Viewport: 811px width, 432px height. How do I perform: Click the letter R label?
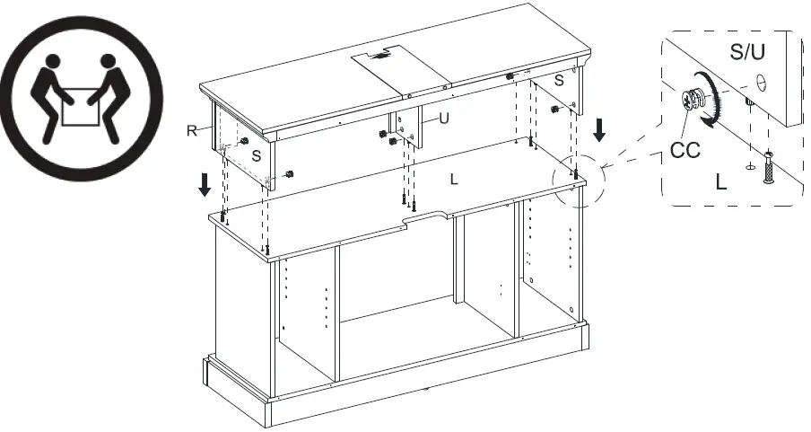[x=191, y=131]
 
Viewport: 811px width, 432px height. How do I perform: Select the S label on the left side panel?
[x=257, y=155]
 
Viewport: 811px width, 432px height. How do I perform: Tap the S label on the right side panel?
[x=558, y=81]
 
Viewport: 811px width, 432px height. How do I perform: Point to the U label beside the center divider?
[x=442, y=118]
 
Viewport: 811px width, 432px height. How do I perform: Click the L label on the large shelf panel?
[x=454, y=180]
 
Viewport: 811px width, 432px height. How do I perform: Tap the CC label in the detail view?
[x=685, y=149]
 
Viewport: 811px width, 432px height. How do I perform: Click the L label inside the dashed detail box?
[x=721, y=182]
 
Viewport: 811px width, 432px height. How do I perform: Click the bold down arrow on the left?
[x=205, y=184]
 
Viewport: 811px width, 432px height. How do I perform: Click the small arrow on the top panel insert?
[x=383, y=55]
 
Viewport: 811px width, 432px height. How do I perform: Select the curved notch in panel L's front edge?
[x=428, y=216]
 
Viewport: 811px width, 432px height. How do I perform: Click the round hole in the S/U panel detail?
[x=761, y=83]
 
